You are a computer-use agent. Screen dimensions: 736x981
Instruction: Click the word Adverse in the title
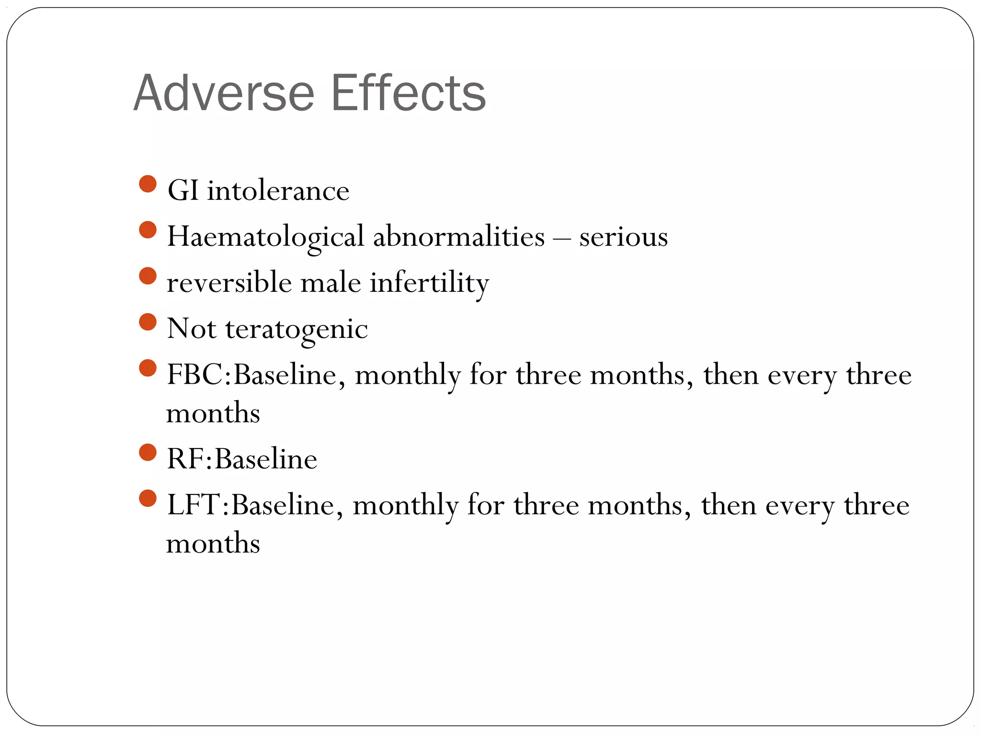pos(224,93)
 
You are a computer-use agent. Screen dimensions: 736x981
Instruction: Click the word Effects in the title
pos(408,93)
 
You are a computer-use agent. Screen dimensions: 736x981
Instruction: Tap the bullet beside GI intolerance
pos(148,184)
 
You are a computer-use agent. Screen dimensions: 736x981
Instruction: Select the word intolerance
pos(278,191)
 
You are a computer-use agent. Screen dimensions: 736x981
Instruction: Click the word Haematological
pos(265,237)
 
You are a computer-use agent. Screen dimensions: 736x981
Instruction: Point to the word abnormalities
pos(458,237)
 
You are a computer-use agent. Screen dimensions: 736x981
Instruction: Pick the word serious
pos(623,237)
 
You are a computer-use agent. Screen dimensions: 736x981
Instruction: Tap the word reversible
pos(229,282)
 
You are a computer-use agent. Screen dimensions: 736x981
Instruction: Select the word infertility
pos(429,282)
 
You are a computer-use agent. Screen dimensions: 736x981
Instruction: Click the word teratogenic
pos(297,329)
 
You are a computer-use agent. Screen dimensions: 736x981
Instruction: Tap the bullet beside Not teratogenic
pos(148,322)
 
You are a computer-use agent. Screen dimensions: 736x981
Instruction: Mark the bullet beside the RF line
pos(148,452)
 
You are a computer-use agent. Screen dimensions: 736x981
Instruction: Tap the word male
pos(331,282)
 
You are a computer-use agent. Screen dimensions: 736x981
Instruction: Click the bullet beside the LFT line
pos(148,498)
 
